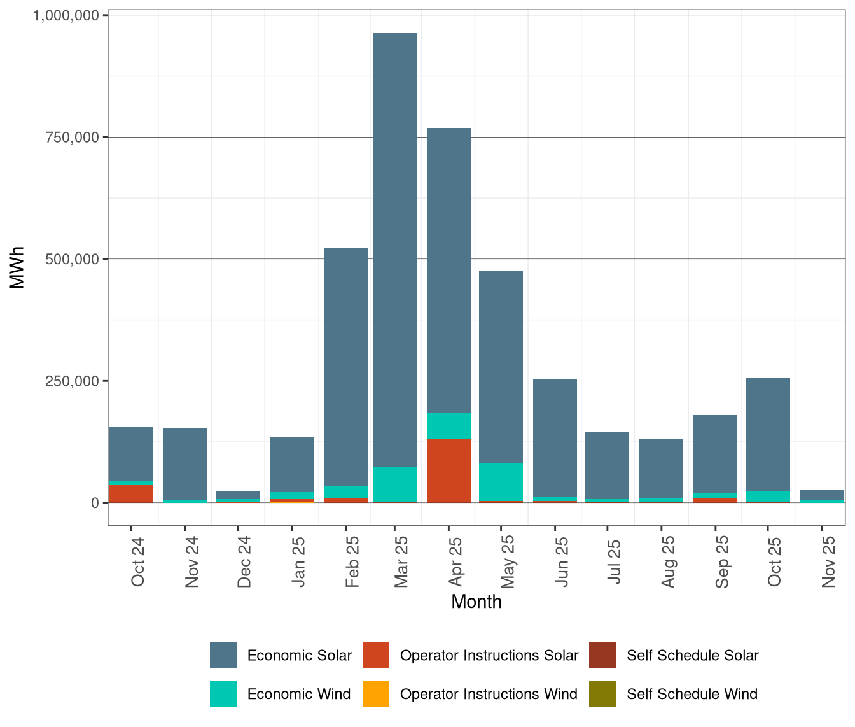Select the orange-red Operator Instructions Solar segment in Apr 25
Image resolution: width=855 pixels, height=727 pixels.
[448, 470]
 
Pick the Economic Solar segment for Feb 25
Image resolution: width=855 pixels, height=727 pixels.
[345, 367]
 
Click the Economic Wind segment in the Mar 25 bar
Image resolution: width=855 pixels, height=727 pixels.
[394, 484]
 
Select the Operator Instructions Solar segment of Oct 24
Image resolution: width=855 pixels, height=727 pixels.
[131, 493]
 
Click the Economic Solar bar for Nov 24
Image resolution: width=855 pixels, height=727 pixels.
[185, 463]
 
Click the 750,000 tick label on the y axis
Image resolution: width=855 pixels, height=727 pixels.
[66, 138]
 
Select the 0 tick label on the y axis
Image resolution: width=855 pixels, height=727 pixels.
[95, 503]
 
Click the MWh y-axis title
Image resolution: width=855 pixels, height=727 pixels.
[17, 267]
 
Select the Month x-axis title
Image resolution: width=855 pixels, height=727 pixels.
[476, 602]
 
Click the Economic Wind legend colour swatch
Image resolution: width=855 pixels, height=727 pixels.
[223, 694]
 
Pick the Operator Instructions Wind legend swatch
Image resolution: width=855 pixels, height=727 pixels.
[375, 694]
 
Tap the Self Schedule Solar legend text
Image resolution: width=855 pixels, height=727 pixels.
[692, 655]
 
